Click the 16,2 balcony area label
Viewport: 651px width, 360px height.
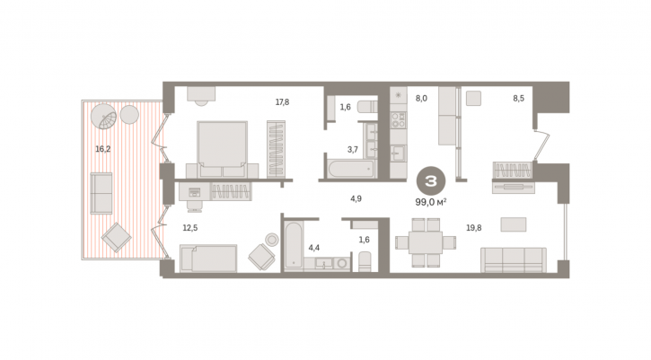[103, 149]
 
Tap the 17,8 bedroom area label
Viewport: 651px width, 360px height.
[282, 102]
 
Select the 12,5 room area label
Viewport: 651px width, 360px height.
[190, 228]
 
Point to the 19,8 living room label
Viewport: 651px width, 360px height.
[474, 228]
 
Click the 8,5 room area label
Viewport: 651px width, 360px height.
[519, 99]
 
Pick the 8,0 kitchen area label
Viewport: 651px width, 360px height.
[421, 99]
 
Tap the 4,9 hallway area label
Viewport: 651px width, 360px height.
[356, 199]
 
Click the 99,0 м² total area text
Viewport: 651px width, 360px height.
[431, 202]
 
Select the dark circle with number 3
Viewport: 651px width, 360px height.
[431, 181]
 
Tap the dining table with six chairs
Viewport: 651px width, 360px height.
[426, 242]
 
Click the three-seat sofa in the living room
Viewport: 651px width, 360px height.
[514, 260]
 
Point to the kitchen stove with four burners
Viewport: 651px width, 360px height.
[399, 120]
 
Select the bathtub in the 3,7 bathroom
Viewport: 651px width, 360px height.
[351, 169]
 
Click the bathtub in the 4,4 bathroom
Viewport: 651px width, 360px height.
[294, 245]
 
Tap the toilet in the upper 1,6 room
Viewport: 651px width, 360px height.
[368, 107]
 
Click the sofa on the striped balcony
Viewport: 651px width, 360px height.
[101, 194]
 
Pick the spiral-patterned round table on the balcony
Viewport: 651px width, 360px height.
[104, 116]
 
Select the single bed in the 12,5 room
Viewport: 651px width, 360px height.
[208, 259]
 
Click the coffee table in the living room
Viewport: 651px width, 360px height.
[514, 224]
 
